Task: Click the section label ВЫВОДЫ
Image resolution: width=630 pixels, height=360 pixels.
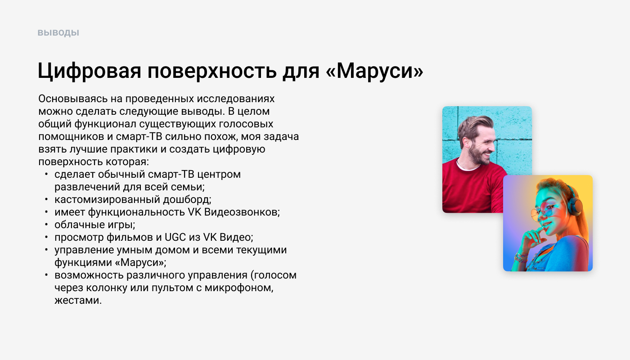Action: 58,32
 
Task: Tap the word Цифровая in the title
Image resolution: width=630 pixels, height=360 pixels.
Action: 90,71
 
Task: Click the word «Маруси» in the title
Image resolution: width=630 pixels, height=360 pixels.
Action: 374,71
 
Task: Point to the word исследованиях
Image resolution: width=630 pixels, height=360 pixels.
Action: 236,99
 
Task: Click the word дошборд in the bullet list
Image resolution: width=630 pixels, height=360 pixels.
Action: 187,200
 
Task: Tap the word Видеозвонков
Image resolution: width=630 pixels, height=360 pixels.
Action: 242,212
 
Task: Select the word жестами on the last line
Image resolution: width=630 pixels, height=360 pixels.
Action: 78,301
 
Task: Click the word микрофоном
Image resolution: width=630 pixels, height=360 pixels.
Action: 239,288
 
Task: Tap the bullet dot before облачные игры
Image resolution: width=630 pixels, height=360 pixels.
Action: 46,225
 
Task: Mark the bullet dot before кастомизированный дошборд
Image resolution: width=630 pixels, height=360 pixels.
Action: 46,199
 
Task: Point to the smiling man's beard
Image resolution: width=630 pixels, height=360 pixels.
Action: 478,154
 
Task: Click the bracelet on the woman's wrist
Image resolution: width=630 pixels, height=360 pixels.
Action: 520,257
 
